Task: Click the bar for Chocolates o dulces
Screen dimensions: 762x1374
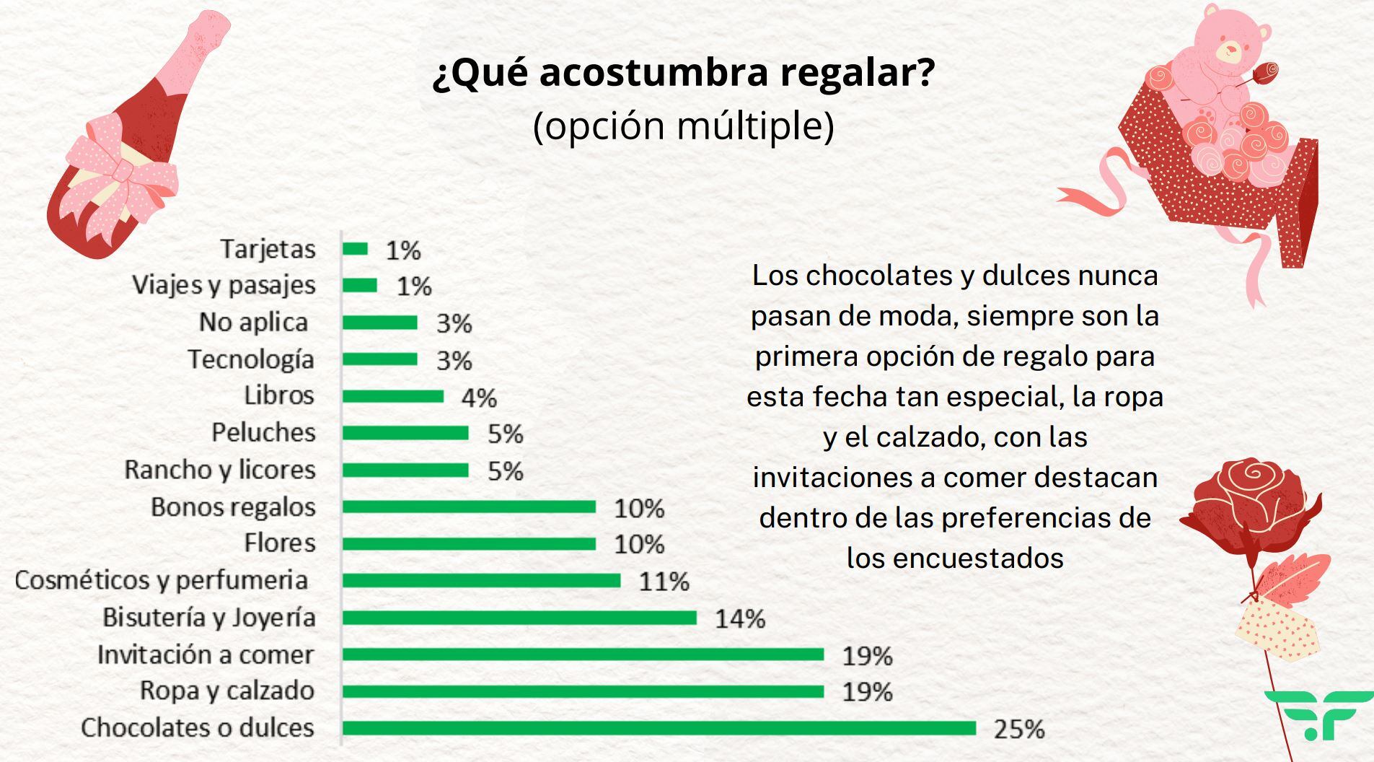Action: pos(659,727)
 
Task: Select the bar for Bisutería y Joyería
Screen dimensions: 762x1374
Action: pos(519,618)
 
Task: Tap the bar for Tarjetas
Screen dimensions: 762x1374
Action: pos(355,249)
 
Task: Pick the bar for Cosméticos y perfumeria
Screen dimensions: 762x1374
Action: pos(481,580)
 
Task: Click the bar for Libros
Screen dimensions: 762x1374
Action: pos(393,396)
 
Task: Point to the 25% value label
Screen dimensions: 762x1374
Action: pos(1019,729)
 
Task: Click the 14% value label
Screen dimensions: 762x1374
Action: pos(740,618)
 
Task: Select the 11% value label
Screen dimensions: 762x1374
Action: pos(664,581)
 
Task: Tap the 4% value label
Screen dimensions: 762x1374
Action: pos(479,397)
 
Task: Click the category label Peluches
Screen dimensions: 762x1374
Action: pos(263,432)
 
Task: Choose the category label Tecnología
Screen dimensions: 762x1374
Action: pos(251,359)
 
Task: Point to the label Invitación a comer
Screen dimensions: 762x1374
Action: pos(206,654)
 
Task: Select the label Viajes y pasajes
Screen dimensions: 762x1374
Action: pos(224,285)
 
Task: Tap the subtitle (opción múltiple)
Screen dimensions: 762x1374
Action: pos(683,126)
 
